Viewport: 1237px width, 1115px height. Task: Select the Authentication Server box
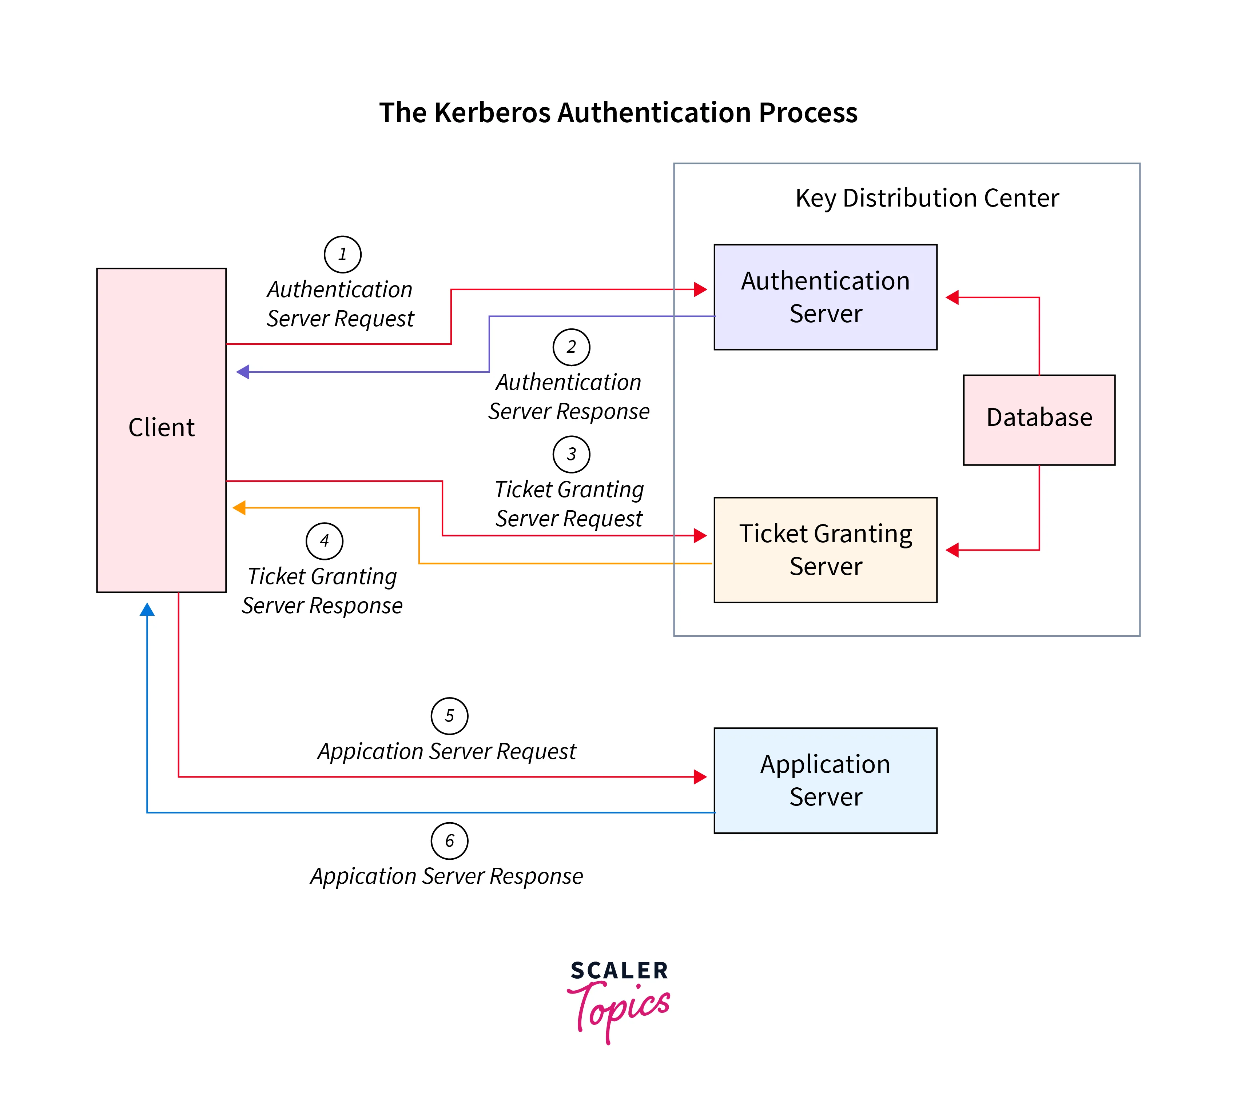[x=825, y=297]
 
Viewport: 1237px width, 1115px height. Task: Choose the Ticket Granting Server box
[x=825, y=549]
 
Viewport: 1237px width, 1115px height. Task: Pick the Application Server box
[x=825, y=780]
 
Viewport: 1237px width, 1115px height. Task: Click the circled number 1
[x=342, y=254]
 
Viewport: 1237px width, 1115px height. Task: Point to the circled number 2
[x=571, y=347]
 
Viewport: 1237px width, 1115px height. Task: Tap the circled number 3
[x=571, y=454]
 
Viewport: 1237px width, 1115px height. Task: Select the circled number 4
[x=324, y=541]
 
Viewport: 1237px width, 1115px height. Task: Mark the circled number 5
[x=449, y=716]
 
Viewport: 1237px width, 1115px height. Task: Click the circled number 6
[x=449, y=840]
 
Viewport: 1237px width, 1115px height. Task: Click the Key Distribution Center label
[x=926, y=198]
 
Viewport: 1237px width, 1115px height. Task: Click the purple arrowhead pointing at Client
[x=243, y=372]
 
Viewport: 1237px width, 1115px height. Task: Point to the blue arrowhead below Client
[x=147, y=609]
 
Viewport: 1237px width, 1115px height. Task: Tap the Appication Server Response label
[x=446, y=876]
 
